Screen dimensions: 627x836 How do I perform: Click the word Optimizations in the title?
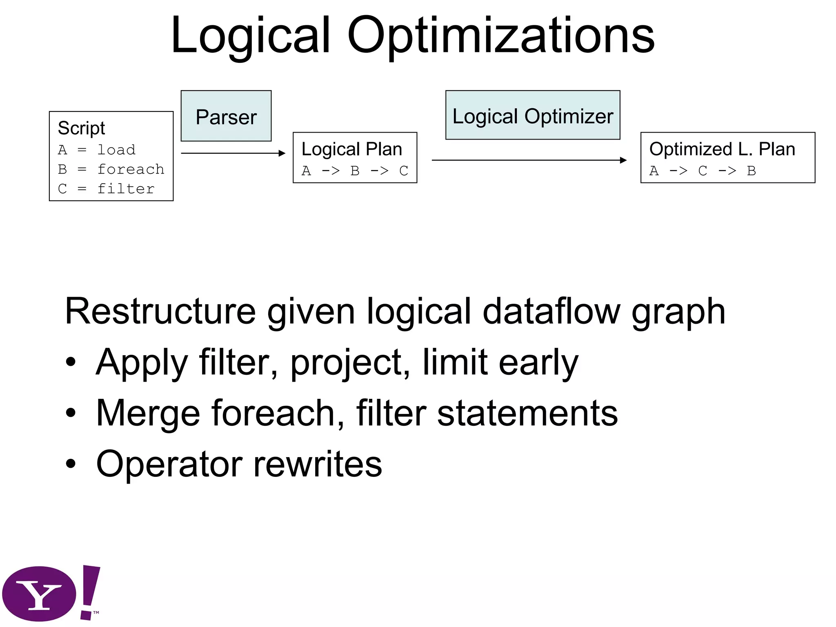pos(501,36)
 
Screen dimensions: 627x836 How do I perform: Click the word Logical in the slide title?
pos(250,36)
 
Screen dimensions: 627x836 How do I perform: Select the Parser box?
pos(226,116)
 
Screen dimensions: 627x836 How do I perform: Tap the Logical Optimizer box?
pos(532,116)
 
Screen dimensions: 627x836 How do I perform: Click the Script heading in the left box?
pos(81,128)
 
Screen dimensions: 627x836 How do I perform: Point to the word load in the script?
pos(116,150)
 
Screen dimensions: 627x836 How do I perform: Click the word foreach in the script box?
pos(131,169)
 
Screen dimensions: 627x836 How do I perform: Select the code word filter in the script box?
pos(126,189)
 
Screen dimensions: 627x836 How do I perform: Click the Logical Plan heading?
pos(351,149)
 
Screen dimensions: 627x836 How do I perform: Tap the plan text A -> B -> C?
pos(354,171)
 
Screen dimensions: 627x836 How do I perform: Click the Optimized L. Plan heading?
pos(722,149)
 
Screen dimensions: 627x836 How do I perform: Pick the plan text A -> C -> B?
pos(702,171)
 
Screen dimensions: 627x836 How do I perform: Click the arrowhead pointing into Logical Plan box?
pos(282,153)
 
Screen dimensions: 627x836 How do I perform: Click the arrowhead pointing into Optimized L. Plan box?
pos(623,160)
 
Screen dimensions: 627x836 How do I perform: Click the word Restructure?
pos(160,312)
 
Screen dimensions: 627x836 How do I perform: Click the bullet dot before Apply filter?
pos(71,362)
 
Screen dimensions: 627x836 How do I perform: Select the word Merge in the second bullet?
pos(148,413)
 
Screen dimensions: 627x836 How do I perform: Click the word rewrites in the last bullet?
pos(318,464)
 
